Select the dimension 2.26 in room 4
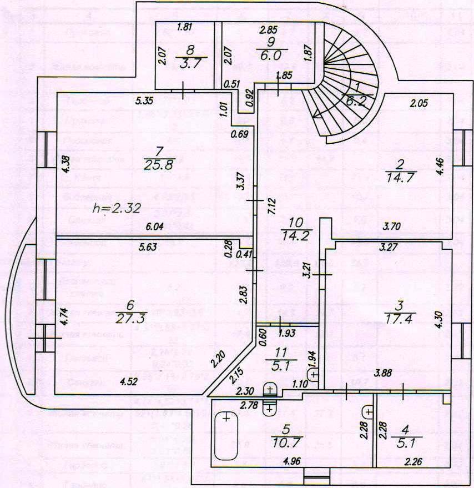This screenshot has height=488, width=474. [414, 460]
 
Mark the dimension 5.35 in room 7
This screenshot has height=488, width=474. [146, 102]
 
